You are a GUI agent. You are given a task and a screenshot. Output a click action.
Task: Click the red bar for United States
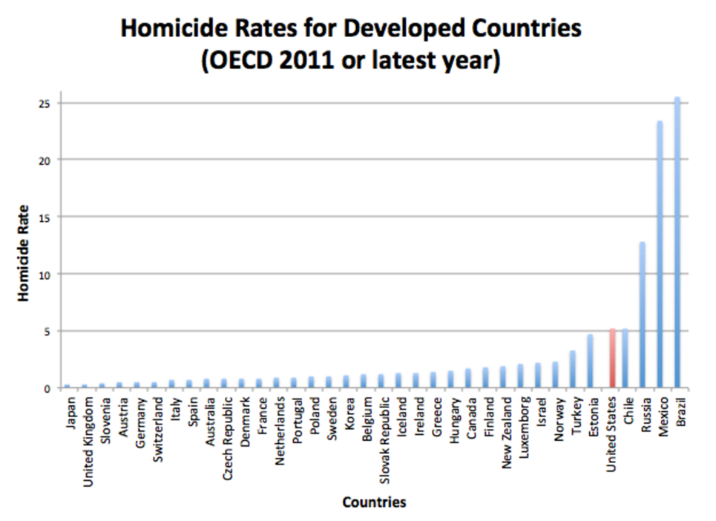point(612,358)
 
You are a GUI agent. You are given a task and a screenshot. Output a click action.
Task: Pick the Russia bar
point(643,315)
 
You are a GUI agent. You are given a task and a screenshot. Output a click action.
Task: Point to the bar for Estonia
point(591,361)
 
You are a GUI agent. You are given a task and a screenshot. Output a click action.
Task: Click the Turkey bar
point(573,369)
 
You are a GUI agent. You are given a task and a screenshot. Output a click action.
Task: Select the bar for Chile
point(625,358)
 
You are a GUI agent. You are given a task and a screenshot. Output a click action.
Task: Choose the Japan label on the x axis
point(68,412)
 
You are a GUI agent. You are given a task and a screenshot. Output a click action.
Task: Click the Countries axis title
point(374,502)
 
